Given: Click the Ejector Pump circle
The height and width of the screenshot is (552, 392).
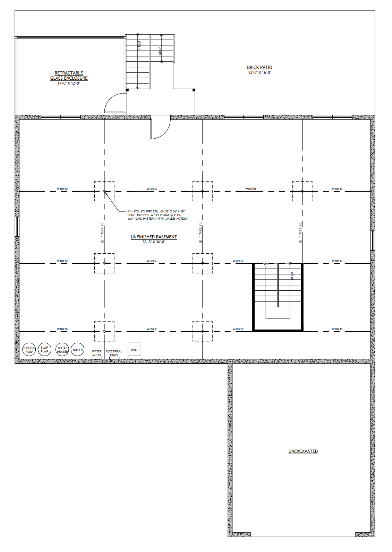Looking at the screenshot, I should (x=29, y=350).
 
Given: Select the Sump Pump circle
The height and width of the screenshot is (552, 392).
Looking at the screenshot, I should (x=44, y=349).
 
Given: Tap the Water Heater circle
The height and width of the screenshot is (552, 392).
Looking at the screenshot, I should (x=62, y=350).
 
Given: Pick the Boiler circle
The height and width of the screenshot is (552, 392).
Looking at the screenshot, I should (x=78, y=350).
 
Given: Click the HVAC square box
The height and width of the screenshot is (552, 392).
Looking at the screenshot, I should (x=135, y=350).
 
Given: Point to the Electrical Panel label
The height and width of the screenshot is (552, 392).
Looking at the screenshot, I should (x=114, y=353).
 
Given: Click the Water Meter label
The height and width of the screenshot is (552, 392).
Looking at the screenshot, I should (x=97, y=353).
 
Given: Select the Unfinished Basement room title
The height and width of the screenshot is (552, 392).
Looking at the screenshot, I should (x=154, y=237).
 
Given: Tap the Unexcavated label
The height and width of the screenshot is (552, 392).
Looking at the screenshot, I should (x=303, y=451).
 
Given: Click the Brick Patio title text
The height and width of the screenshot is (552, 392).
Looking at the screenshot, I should (x=259, y=67).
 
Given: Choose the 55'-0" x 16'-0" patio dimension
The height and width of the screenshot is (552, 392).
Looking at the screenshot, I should (x=259, y=73).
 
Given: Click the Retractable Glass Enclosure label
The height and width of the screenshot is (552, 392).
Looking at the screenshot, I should (x=69, y=76).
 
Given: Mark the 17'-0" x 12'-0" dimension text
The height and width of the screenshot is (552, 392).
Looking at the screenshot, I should (x=69, y=83).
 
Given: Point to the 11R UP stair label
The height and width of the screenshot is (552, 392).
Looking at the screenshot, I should (x=139, y=46).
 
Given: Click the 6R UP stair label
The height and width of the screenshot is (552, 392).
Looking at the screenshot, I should (x=160, y=51).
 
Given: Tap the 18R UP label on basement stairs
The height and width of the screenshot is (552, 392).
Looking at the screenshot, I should (x=292, y=276).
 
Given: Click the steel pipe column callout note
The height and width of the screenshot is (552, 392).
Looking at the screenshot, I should (x=157, y=215).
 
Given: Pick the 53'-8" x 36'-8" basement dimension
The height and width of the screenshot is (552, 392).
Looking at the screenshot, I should (x=154, y=242).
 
